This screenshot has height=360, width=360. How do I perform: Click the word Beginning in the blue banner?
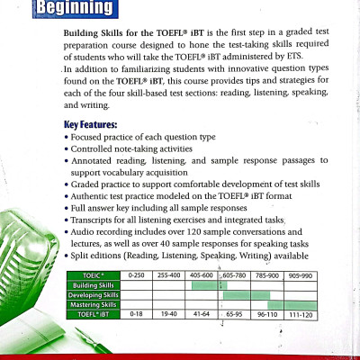pyautogui.click(x=80, y=8)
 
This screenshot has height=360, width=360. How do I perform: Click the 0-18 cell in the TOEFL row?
pyautogui.click(x=137, y=315)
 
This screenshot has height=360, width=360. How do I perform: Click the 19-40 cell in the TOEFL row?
pyautogui.click(x=169, y=315)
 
